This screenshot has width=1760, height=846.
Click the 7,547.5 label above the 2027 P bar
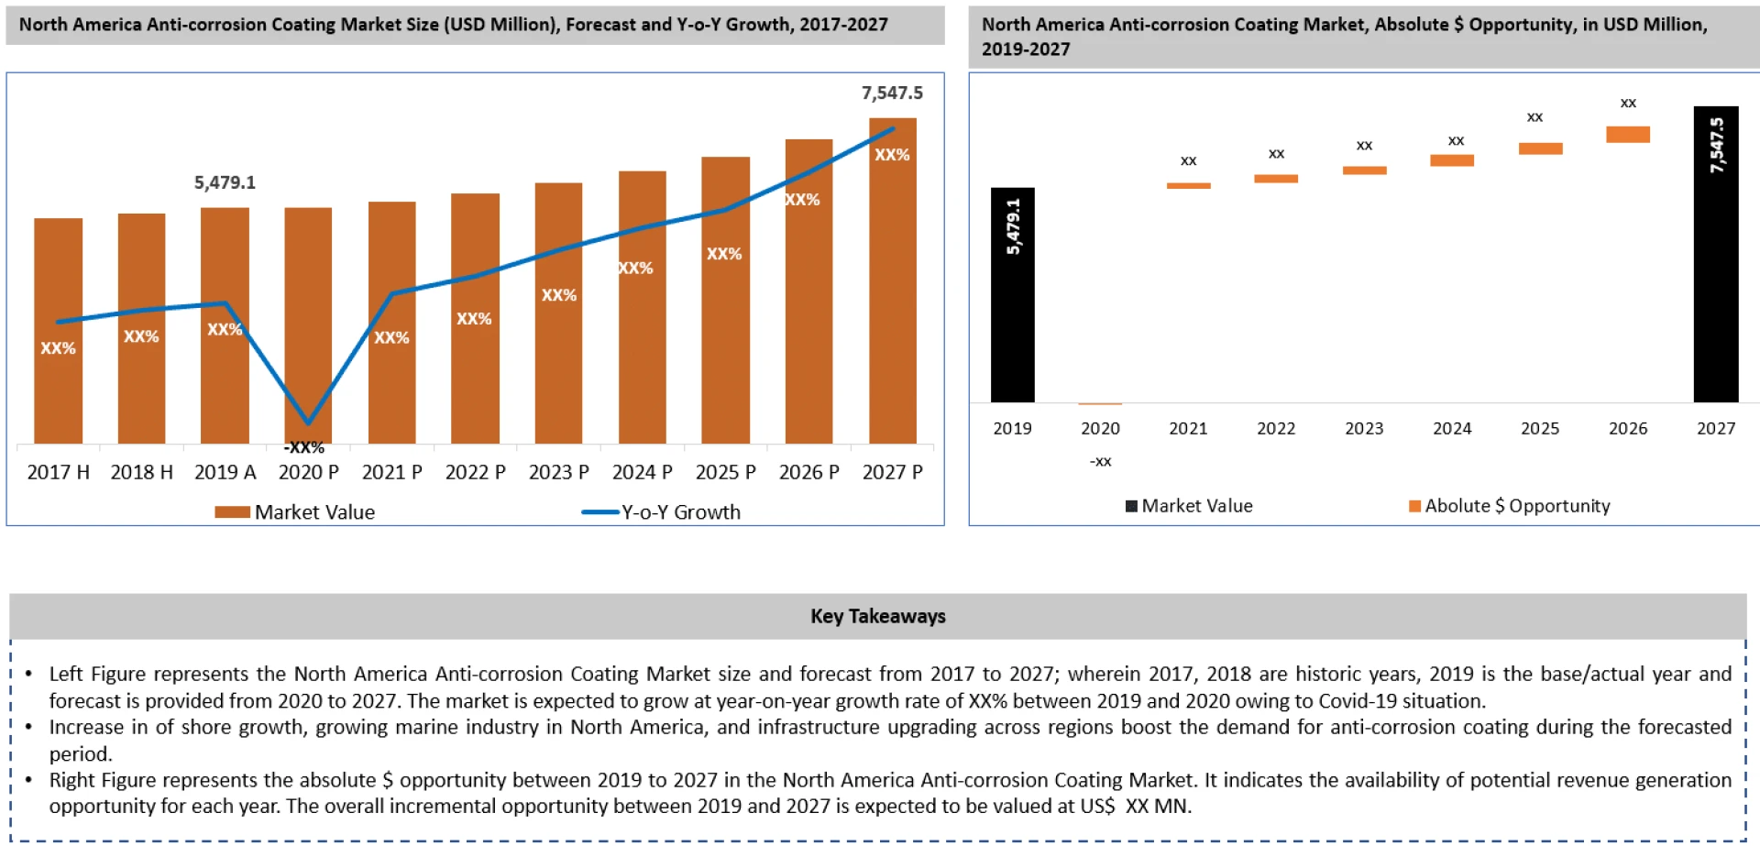pyautogui.click(x=891, y=93)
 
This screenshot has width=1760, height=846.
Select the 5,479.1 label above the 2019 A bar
pyautogui.click(x=225, y=182)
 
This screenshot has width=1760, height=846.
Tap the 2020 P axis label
pyautogui.click(x=308, y=472)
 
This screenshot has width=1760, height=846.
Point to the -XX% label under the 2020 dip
pyautogui.click(x=304, y=447)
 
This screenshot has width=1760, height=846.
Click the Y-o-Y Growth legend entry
pyautogui.click(x=680, y=512)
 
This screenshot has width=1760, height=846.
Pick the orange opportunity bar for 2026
pyautogui.click(x=1627, y=135)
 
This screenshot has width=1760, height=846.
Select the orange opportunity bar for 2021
pyautogui.click(x=1188, y=186)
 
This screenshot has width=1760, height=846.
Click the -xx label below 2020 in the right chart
pyautogui.click(x=1100, y=461)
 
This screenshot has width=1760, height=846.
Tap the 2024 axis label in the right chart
pyautogui.click(x=1452, y=428)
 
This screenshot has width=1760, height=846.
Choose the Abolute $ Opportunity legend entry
pyautogui.click(x=1516, y=506)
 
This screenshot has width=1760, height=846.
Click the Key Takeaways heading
pyautogui.click(x=877, y=616)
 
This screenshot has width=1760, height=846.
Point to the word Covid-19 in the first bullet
pyautogui.click(x=1356, y=701)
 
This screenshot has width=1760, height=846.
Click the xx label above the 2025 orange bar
pyautogui.click(x=1534, y=117)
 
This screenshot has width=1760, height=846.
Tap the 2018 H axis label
pyautogui.click(x=141, y=472)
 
